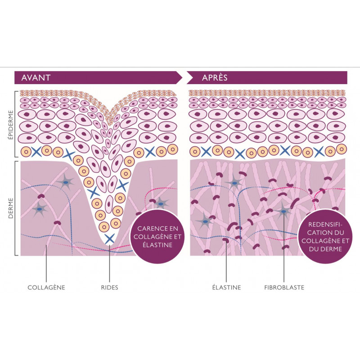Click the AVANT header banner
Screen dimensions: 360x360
(97, 77)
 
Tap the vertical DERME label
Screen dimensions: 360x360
(10, 209)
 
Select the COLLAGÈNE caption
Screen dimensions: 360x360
(46, 287)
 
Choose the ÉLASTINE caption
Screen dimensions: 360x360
(226, 287)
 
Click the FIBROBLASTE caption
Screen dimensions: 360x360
(284, 287)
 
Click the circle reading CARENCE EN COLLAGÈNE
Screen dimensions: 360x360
(154, 235)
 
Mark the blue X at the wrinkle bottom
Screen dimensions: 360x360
(108, 238)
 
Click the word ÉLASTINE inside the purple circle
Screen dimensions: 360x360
(154, 246)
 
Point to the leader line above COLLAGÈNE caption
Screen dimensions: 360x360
(46, 265)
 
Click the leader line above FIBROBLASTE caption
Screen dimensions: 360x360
(284, 252)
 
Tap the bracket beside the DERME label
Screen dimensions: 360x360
(17, 209)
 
